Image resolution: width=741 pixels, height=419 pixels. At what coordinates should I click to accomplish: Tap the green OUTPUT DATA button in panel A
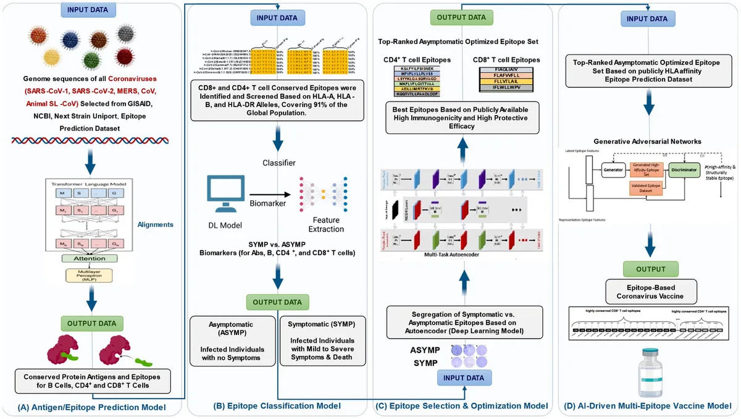(x=92, y=323)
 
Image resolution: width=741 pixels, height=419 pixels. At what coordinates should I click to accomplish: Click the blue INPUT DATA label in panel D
(x=647, y=19)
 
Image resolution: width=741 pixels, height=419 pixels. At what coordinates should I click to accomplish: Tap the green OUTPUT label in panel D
(x=647, y=269)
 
